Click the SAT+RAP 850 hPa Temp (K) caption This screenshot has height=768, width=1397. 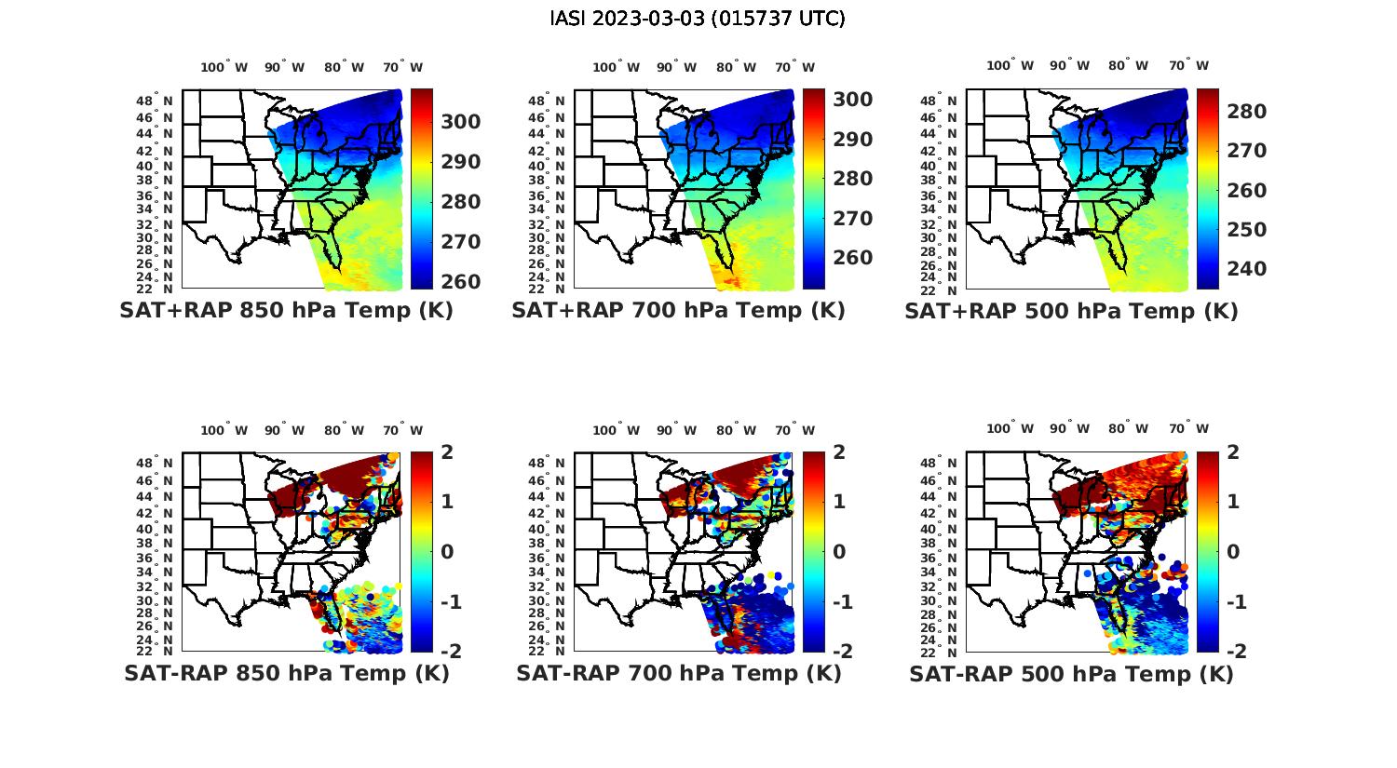pos(286,311)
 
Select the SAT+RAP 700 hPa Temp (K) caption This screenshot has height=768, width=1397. pos(678,311)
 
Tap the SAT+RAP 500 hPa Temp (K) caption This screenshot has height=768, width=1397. pos(1071,312)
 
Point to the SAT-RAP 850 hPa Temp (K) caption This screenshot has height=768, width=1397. pos(286,674)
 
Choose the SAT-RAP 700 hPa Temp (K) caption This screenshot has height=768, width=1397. pos(678,674)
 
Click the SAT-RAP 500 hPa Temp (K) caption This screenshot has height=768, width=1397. pos(1071,675)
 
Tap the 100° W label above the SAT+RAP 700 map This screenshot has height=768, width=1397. pos(616,67)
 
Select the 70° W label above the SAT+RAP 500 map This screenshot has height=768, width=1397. pos(1188,65)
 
